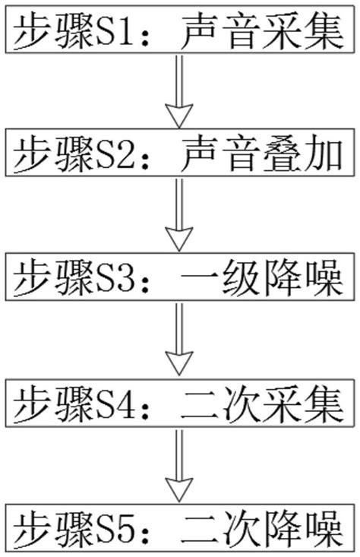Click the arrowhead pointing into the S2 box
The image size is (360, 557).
coord(180,116)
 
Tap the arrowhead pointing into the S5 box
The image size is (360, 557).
coord(180,490)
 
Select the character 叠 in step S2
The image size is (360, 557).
coord(280,156)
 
